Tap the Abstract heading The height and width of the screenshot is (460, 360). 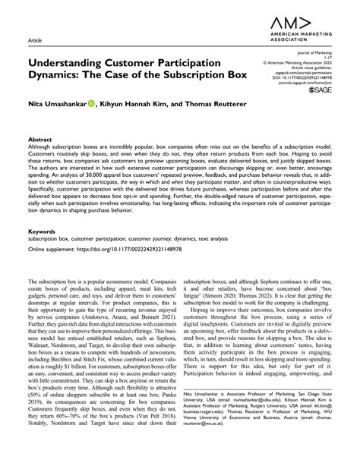tap(40, 140)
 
